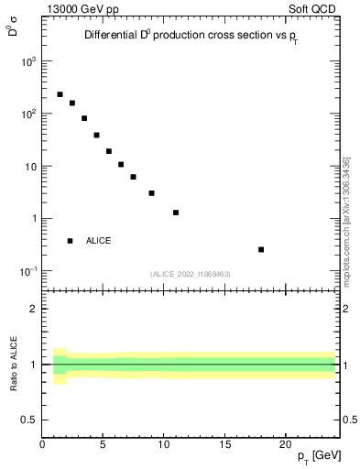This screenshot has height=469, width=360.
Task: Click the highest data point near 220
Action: [x=60, y=94]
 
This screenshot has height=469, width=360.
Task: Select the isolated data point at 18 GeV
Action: [x=261, y=249]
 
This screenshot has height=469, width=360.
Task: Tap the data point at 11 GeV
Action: [x=176, y=213]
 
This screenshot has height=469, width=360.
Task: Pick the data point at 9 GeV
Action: [x=151, y=193]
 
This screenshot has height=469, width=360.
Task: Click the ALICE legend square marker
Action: [x=70, y=241]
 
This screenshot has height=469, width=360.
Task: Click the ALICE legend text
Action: [x=99, y=241]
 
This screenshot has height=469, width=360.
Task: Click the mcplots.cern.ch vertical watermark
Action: [x=346, y=220]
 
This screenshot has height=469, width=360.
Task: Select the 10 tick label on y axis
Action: [x=30, y=167]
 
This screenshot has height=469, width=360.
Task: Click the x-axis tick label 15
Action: [x=224, y=444]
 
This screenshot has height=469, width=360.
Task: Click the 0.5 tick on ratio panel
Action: [x=28, y=420]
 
